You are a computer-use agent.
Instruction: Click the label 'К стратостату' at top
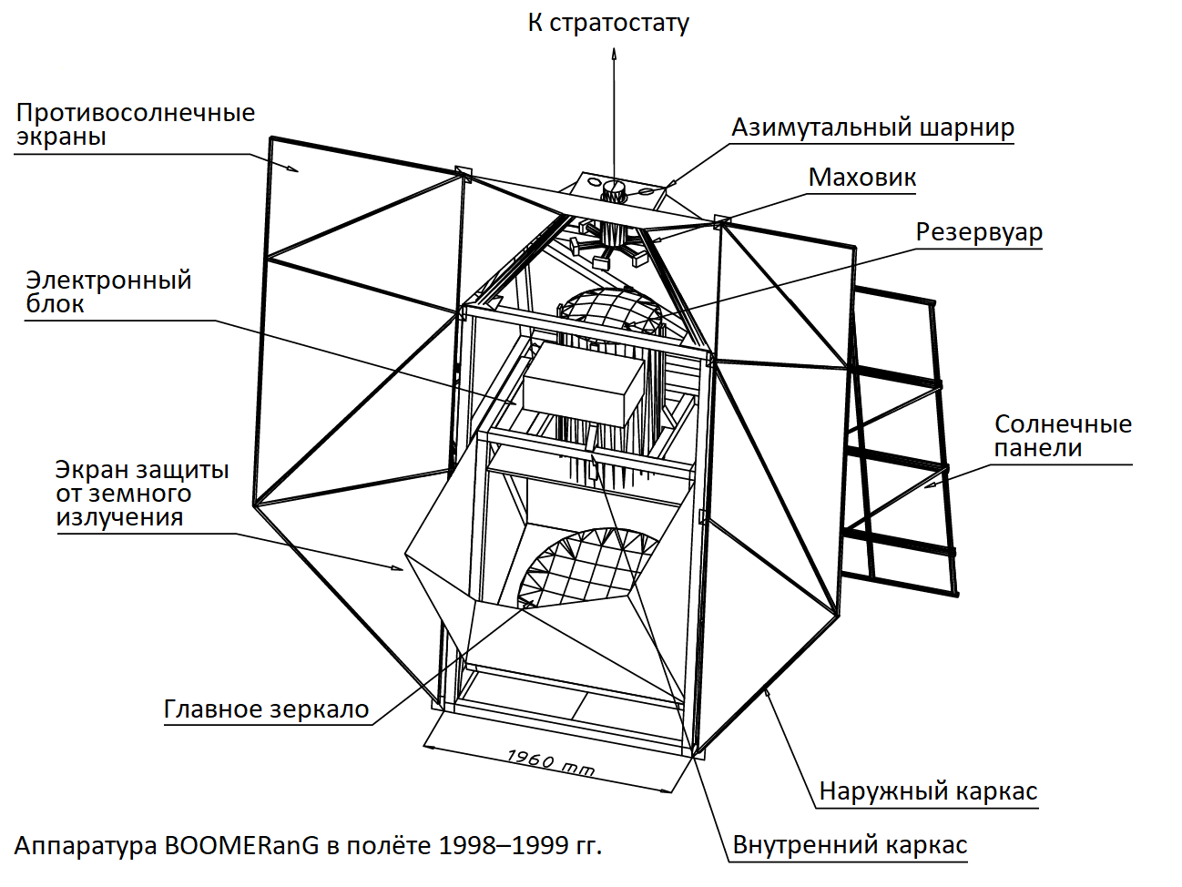(608, 23)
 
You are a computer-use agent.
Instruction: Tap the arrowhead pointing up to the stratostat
(614, 54)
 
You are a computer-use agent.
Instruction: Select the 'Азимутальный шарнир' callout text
(872, 128)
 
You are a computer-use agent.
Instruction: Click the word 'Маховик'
(862, 178)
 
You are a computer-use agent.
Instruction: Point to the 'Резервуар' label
(979, 232)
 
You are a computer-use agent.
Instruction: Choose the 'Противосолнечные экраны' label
(135, 124)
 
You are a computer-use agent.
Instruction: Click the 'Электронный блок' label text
(108, 291)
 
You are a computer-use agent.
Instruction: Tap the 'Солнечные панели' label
(1063, 435)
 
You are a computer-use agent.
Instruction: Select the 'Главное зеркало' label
(266, 709)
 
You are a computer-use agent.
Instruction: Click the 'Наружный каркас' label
(928, 791)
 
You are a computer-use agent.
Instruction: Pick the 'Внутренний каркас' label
(850, 845)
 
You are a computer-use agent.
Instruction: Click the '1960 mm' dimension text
(550, 762)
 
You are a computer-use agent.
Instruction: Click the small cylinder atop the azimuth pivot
(614, 191)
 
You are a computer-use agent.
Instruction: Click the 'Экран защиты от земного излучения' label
(142, 494)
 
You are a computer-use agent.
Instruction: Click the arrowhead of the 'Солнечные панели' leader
(930, 485)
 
